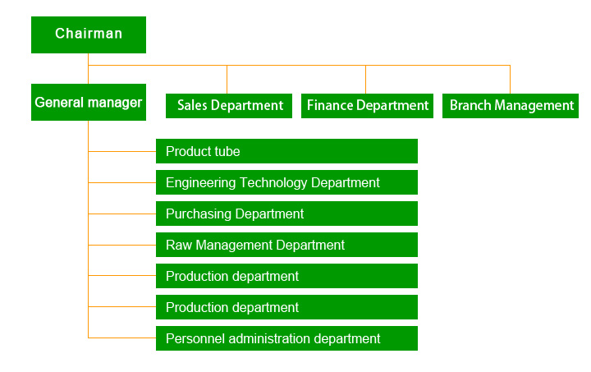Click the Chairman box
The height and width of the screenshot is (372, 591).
pos(89,34)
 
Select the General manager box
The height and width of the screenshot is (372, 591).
pos(89,102)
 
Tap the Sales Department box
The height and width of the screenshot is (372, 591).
pos(229,106)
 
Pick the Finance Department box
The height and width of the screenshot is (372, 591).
pos(367,106)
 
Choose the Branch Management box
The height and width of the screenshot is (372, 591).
pos(511,106)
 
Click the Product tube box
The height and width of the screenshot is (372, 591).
pos(286,151)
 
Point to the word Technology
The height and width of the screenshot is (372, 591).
pos(273,183)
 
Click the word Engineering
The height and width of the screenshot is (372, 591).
pos(201,183)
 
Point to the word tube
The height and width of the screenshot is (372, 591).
pos(227,151)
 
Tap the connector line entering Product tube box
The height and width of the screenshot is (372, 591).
pos(122,152)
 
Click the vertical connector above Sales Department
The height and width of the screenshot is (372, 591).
pos(227,80)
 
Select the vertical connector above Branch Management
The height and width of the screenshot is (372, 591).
pos(510,80)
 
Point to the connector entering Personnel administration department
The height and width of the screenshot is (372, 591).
pos(122,338)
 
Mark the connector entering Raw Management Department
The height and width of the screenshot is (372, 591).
pos(122,245)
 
